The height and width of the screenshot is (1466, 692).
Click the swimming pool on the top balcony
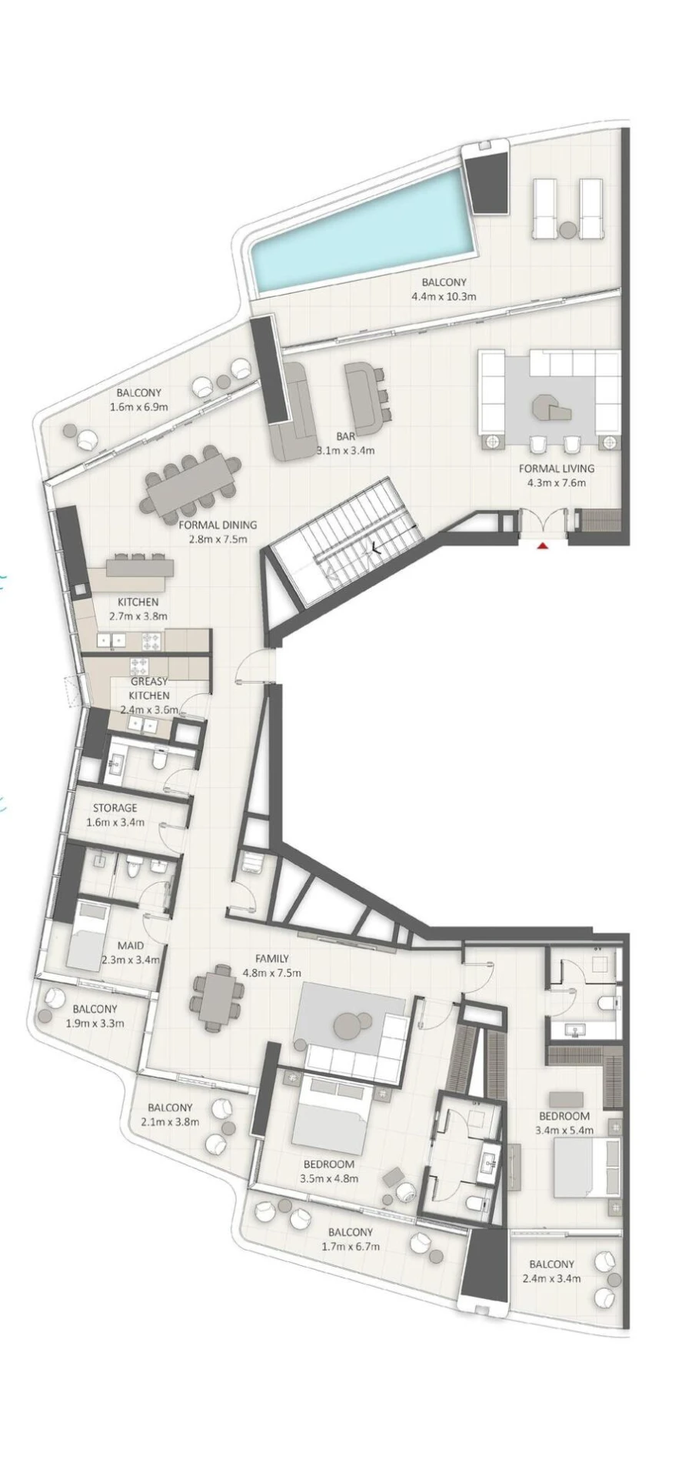click(x=361, y=231)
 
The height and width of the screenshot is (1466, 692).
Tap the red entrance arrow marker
click(x=543, y=546)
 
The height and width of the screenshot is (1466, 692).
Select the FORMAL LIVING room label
click(x=556, y=468)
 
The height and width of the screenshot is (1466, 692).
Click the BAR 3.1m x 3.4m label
click(x=345, y=443)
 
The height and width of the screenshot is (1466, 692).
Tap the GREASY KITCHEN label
click(x=149, y=689)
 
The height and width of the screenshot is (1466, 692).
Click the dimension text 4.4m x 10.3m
click(x=444, y=296)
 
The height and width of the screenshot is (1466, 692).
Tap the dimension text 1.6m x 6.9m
click(x=139, y=407)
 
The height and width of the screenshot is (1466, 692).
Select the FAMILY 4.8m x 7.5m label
click(x=272, y=965)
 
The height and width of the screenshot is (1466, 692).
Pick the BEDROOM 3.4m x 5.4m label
click(x=564, y=1124)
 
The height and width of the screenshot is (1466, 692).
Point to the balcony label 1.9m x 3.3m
click(x=95, y=1016)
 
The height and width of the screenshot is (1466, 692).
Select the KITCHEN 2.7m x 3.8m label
click(x=138, y=609)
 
